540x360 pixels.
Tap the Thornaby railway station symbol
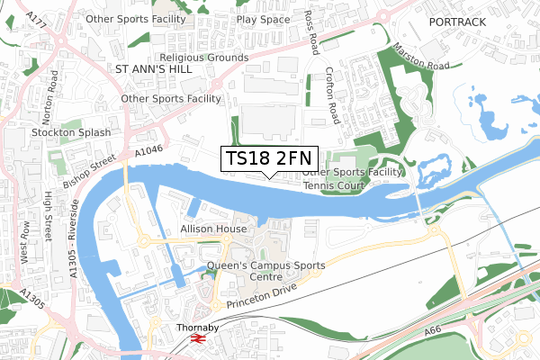[x=199, y=339]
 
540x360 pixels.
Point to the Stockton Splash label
[x=71, y=132]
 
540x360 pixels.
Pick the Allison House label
[x=213, y=229]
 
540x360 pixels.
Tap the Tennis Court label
[x=333, y=185]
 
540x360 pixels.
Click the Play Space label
[x=263, y=18]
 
